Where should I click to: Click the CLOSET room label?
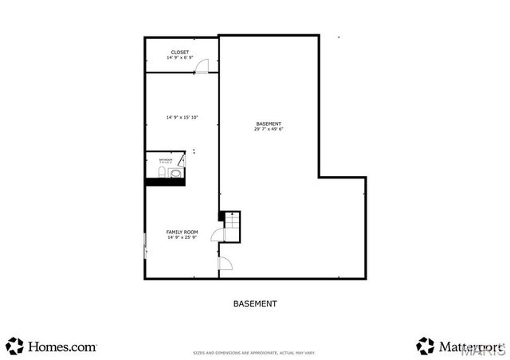coord(179,53)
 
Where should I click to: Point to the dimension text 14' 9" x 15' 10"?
coord(182,117)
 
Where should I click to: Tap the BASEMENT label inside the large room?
coord(269,123)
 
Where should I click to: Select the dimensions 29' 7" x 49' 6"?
coord(269,129)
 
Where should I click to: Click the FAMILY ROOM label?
coord(182,232)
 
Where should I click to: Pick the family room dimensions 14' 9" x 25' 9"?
coord(182,237)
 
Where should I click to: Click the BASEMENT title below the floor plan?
coord(255,303)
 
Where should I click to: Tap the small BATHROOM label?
coord(165,160)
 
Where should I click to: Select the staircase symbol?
coord(231,225)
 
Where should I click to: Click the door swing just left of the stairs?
coord(217,233)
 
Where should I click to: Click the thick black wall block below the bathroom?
coord(165,182)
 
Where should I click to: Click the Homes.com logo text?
coord(62,346)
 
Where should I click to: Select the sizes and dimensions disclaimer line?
coord(254,352)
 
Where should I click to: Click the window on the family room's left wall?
coord(144,245)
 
